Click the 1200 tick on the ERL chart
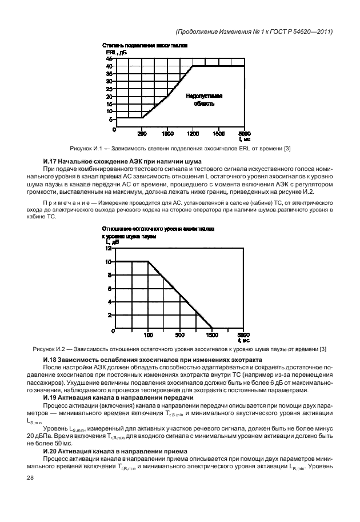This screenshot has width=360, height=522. click(193, 134)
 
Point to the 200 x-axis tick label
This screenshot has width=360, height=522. click(142, 134)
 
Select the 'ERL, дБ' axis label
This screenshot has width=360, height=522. click(111, 52)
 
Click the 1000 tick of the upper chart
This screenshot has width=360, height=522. click(167, 134)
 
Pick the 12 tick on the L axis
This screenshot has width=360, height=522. click(109, 249)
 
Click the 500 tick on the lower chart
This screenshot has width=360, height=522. click(180, 335)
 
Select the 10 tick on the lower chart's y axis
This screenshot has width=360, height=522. click(109, 262)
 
